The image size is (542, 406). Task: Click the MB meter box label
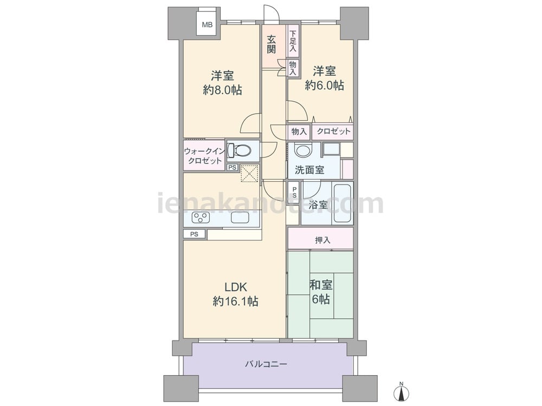[x=208, y=25]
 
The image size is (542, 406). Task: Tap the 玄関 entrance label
[x=272, y=44]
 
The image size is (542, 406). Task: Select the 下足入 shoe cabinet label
[x=293, y=41]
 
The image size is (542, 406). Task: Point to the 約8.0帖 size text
[x=222, y=90]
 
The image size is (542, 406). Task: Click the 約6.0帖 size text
[x=324, y=86]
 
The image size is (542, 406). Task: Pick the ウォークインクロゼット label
[x=204, y=156]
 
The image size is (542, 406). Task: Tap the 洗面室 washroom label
[x=309, y=170]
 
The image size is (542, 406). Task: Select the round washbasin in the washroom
[x=303, y=150]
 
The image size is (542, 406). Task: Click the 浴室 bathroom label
[x=318, y=205]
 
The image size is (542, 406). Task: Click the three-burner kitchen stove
[x=201, y=218]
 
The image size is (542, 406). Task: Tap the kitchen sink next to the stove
[x=240, y=218]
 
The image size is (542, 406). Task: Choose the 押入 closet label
[x=322, y=240]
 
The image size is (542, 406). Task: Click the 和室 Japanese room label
[x=321, y=285]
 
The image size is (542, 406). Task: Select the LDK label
[x=235, y=287]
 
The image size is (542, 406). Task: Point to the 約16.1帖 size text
[x=235, y=302]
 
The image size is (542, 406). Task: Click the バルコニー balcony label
[x=266, y=364]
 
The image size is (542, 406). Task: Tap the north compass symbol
[x=401, y=391]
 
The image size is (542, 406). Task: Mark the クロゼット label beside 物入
[x=333, y=131]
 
